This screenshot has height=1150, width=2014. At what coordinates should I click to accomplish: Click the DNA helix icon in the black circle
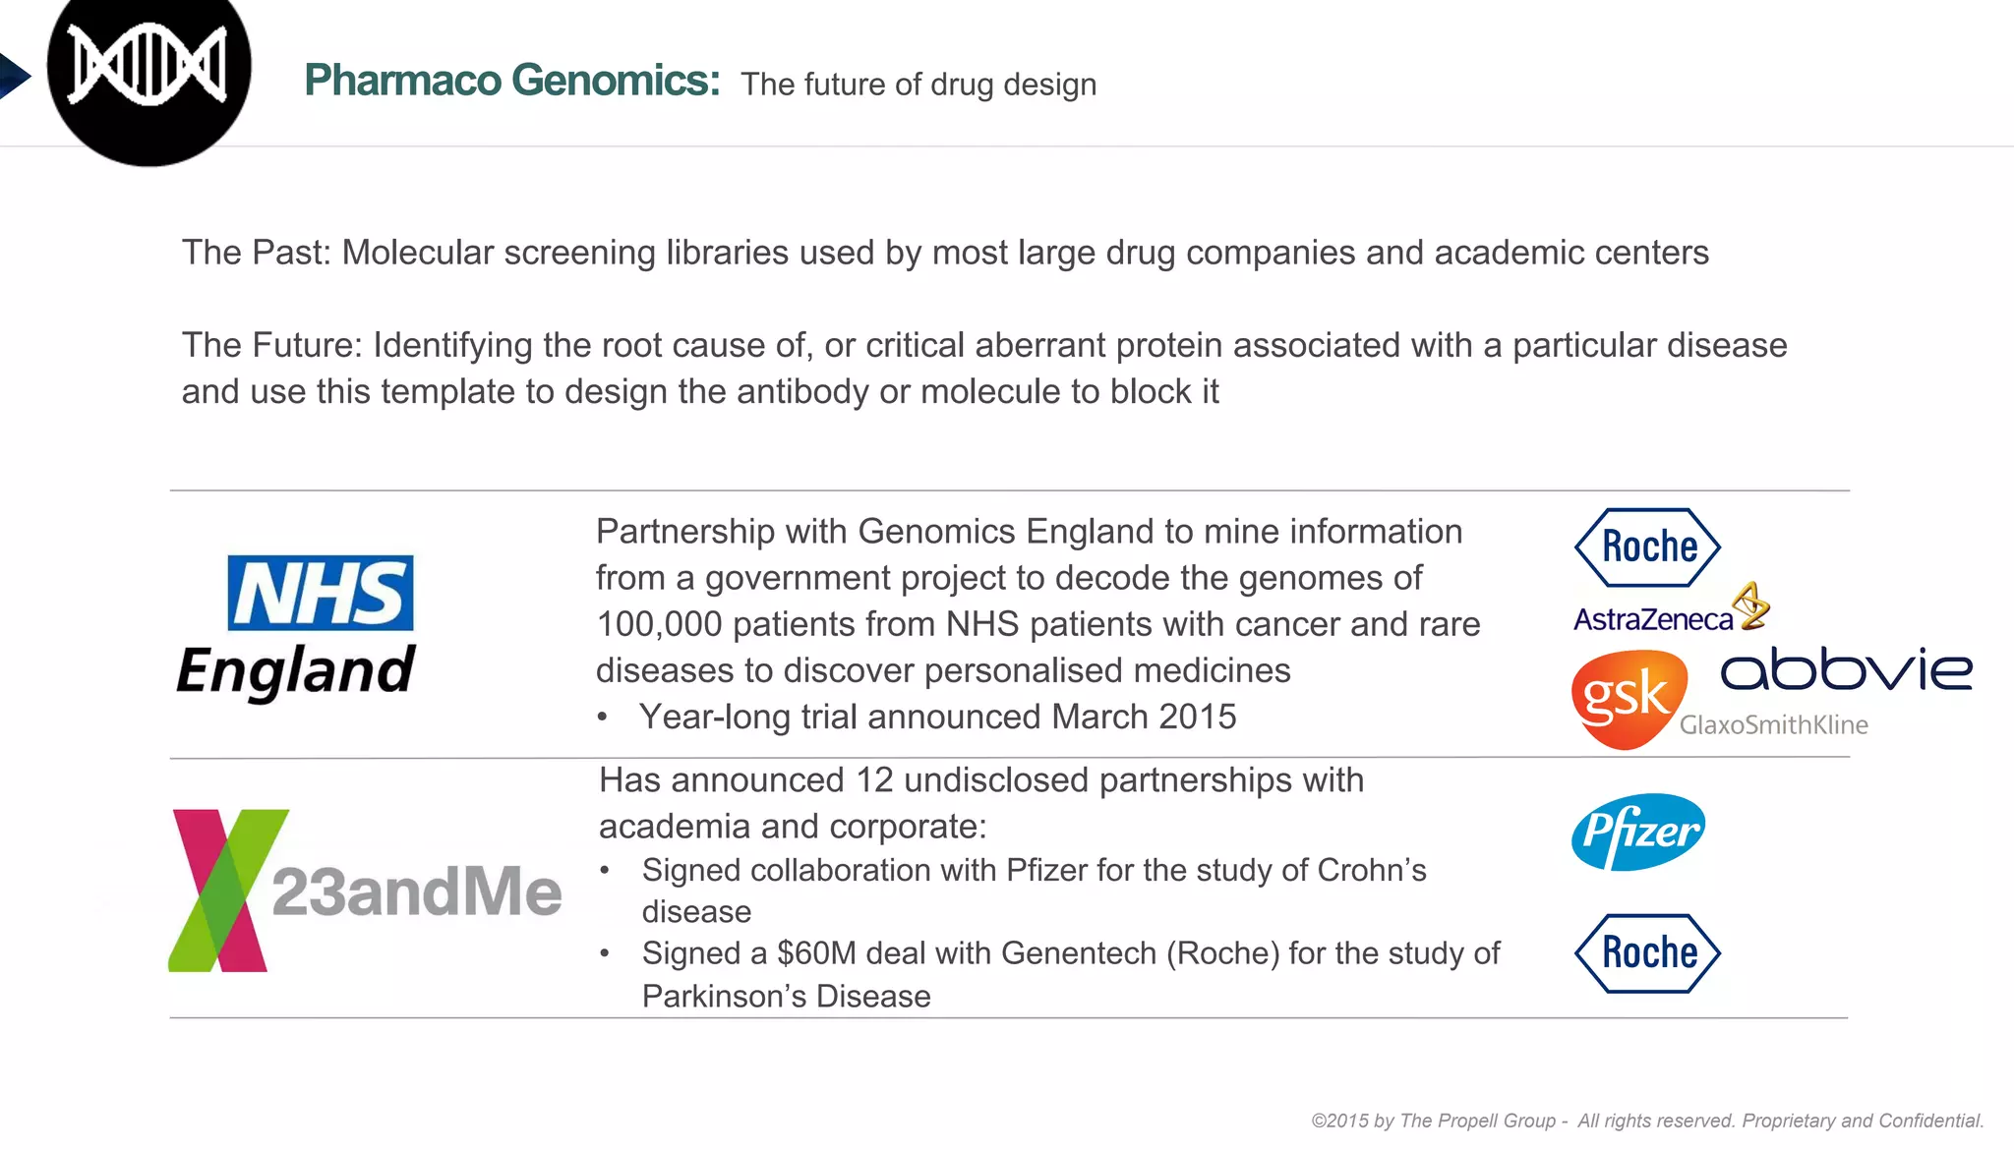coord(148,66)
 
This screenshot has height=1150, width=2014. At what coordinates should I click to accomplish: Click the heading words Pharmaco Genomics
coord(511,81)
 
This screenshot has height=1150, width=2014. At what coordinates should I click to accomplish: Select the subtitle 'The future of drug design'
coord(918,85)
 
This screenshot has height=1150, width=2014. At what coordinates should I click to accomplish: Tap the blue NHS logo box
coord(321,593)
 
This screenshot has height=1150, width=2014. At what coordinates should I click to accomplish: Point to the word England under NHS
coord(296,672)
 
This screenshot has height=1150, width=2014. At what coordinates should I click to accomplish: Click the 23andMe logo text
coord(416,891)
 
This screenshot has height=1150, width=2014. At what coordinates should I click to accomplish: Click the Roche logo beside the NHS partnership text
coord(1647,546)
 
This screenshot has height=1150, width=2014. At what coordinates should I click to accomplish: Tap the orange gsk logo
coord(1628,699)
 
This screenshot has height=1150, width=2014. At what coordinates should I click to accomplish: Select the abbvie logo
coord(1846,669)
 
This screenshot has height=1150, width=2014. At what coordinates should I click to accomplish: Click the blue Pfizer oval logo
coord(1638,832)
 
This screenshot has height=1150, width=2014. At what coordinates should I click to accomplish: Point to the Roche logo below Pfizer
coord(1647,952)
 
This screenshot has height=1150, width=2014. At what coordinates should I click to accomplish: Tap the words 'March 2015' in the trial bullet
coord(1144,717)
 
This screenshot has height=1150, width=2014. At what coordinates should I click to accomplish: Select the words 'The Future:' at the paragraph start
coord(272,345)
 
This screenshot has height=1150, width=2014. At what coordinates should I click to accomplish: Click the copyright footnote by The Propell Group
coord(1647,1121)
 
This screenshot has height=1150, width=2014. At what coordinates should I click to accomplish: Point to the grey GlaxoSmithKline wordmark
coord(1773,725)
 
